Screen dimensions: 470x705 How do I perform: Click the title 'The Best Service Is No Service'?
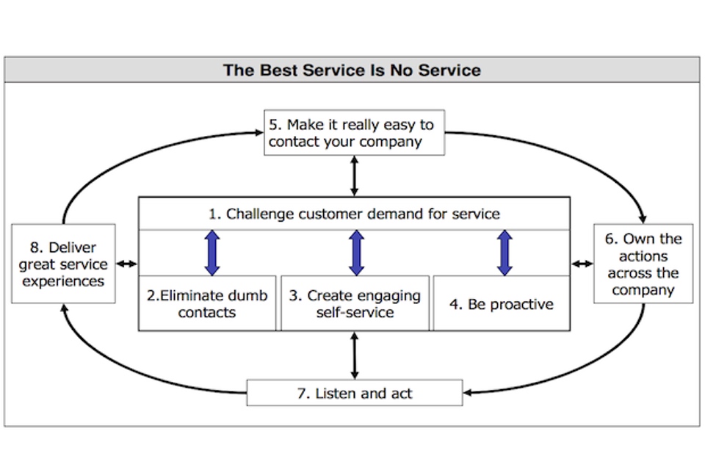point(352,70)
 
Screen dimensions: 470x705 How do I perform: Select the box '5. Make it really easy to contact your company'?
point(354,133)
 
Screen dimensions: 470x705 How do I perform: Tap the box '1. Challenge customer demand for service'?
point(355,214)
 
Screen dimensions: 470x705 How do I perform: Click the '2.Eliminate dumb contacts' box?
point(208,303)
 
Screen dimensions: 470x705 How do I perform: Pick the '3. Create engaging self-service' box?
point(355,303)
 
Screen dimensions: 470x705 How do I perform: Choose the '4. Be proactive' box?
point(502,303)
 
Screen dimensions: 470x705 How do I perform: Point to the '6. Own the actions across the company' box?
point(643,264)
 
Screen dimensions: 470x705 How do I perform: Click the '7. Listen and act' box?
point(355,393)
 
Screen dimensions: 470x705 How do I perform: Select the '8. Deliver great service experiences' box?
point(63,264)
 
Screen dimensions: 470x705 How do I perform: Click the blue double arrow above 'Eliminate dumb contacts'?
point(212,253)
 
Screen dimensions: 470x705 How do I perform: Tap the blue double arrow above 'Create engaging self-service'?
point(357,253)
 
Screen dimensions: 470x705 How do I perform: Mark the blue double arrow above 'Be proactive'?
point(505,253)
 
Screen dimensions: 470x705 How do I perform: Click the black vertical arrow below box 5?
point(355,176)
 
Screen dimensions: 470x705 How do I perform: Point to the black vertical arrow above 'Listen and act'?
point(355,355)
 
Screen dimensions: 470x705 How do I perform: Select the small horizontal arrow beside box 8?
point(127,264)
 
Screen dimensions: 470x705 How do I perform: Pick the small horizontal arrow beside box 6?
point(582,264)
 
